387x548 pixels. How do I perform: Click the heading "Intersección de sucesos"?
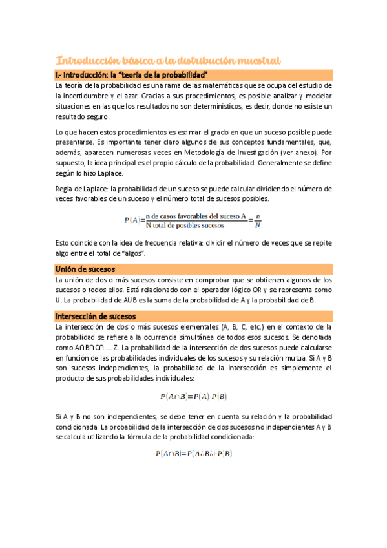96,316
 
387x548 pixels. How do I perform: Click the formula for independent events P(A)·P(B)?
193,396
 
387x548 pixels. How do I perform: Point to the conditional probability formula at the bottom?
193,454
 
